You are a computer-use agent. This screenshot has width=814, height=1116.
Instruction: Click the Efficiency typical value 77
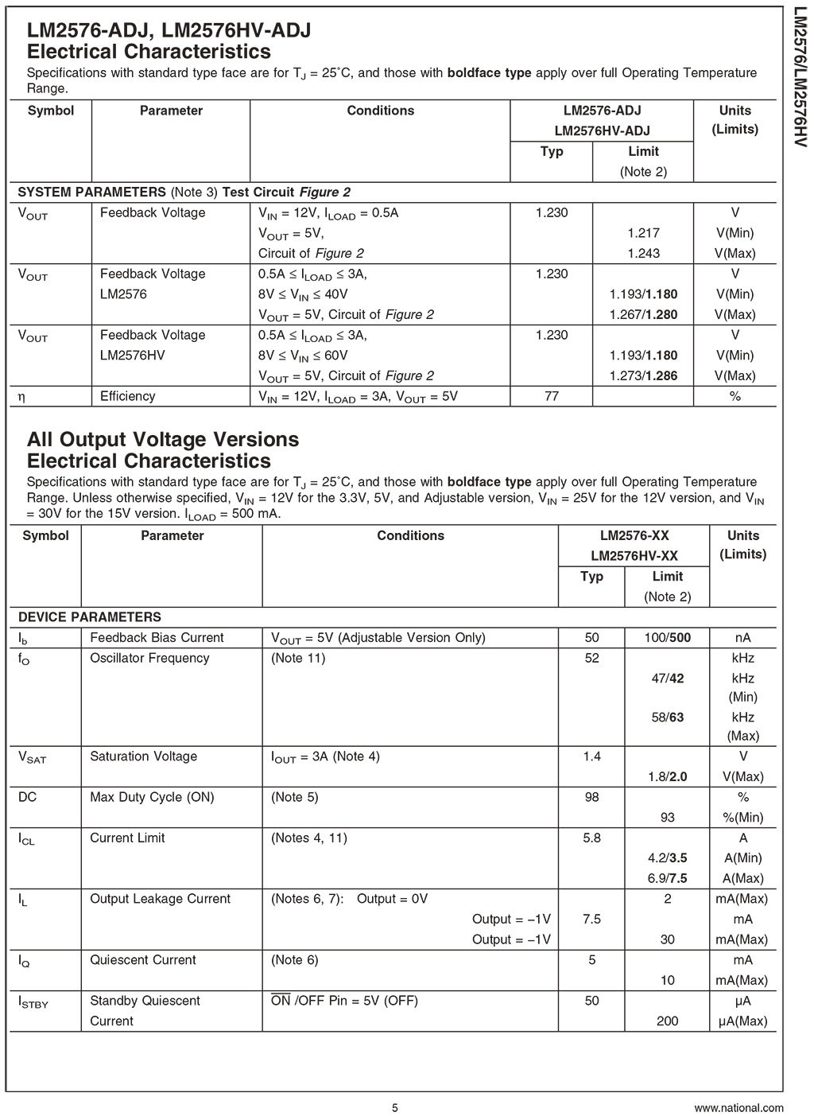[551, 396]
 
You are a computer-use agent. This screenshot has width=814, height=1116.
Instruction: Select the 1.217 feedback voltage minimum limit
[643, 233]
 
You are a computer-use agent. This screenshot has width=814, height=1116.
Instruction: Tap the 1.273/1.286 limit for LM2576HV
[643, 375]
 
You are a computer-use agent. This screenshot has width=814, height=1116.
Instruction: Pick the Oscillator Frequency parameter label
[149, 658]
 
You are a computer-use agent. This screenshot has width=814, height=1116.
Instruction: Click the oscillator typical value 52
[591, 658]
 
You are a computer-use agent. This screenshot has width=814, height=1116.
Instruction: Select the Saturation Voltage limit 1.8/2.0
[667, 776]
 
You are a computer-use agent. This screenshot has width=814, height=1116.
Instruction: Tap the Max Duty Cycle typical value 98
[591, 797]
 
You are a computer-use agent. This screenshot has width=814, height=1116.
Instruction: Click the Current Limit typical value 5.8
[591, 838]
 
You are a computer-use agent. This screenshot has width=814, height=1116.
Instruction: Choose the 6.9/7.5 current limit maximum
[667, 878]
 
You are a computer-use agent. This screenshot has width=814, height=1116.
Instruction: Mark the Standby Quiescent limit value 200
[667, 1021]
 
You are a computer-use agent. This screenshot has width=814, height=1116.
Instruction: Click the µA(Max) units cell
[742, 1021]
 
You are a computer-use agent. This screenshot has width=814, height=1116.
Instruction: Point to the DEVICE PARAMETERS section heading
[89, 616]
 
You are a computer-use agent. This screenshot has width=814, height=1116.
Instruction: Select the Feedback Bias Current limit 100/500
[667, 637]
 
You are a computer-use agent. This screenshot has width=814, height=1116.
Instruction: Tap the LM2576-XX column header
[634, 535]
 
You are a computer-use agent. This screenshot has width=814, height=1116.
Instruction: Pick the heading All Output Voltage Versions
[163, 439]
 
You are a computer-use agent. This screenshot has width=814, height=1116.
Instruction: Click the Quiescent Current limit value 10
[667, 980]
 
